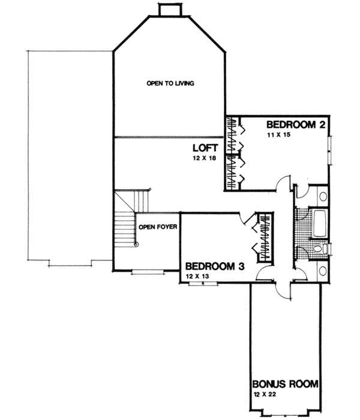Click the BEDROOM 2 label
coord(296,125)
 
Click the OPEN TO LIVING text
coord(170,83)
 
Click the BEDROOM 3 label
coord(213,266)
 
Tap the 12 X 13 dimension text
coord(197,276)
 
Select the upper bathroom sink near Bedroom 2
coord(322,196)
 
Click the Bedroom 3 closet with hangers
coord(262,237)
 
